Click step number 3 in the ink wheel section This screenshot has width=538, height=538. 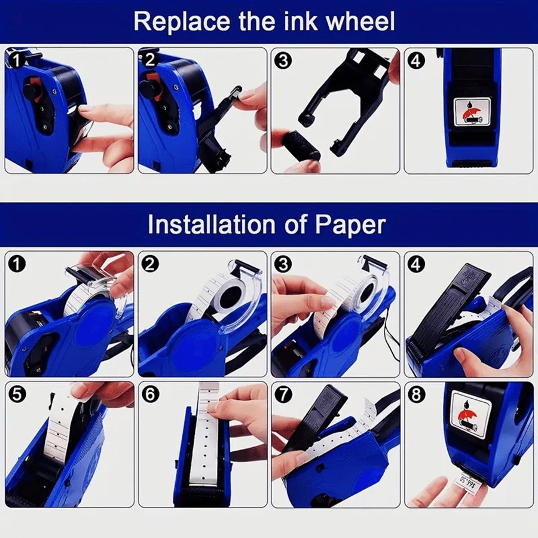pos(283,60)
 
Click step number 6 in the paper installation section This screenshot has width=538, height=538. pos(150,394)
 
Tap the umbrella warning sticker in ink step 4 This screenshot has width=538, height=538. pos(468,111)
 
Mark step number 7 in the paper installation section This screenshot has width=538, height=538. pos(283,394)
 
